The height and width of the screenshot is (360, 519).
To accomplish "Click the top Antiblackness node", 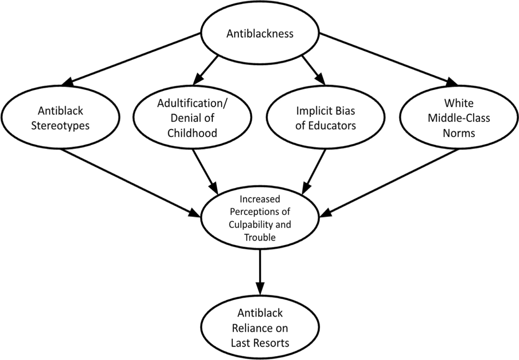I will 260,34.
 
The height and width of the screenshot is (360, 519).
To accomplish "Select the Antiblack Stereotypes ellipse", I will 60,118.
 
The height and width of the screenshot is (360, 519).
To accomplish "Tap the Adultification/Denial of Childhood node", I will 192,118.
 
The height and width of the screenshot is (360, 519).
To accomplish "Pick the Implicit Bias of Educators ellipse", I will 325,118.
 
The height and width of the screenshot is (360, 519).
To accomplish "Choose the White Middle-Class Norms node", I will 459,118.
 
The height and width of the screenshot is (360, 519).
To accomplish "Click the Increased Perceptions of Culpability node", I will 260,218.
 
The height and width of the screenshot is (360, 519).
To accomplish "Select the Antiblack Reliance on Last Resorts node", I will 260,328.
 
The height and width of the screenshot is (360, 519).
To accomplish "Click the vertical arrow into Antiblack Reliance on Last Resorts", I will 260,272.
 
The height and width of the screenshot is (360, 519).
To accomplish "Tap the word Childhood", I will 192,133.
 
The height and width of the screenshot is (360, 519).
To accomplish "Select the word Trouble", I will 260,237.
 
